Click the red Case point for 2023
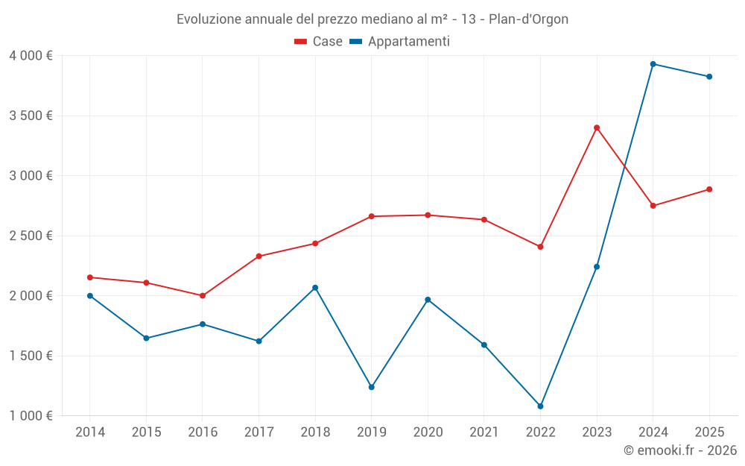597,127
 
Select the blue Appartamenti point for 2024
653,64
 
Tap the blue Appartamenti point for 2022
540,406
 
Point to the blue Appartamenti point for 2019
371,387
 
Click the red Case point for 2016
203,296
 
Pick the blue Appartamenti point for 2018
315,288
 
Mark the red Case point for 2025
709,189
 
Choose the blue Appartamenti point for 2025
709,77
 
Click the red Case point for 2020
428,215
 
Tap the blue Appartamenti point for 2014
90,296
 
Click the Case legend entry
319,42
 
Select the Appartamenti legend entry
400,42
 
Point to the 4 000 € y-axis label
31,56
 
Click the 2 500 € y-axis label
31,236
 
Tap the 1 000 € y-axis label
31,416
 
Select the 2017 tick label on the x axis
259,432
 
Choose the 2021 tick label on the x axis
484,432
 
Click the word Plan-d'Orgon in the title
528,19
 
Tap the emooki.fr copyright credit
679,450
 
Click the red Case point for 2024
653,206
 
